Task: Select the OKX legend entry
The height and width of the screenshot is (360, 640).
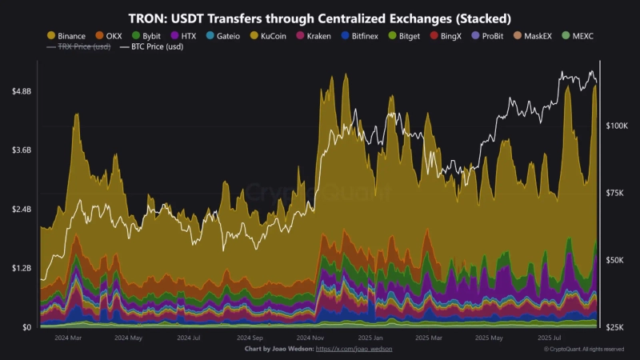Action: tap(109, 36)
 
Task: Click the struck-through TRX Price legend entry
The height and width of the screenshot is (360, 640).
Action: tap(78, 47)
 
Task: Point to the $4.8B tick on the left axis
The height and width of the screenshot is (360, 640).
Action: tap(22, 91)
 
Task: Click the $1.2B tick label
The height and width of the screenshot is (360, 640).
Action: tap(22, 268)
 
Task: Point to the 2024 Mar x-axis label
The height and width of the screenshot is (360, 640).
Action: tap(68, 338)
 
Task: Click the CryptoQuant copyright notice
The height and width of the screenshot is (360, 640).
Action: tap(583, 350)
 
